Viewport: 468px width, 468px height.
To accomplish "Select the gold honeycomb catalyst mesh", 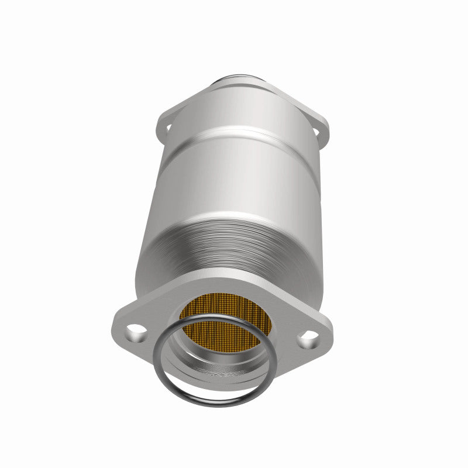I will pyautogui.click(x=228, y=324).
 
